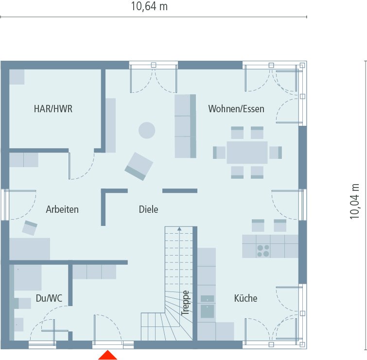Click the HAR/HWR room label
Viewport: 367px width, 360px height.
[53, 109]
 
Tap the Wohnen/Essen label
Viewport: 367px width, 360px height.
[236, 109]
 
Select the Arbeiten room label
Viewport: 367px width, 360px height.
[62, 209]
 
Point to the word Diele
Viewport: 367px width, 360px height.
[148, 209]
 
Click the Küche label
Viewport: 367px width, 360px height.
[245, 298]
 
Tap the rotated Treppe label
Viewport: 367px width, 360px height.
[185, 304]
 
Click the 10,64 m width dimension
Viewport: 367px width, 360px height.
[149, 6]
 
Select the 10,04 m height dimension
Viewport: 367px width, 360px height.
[355, 201]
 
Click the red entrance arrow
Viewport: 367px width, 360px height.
[108, 355]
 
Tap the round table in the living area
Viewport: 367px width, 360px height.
[147, 130]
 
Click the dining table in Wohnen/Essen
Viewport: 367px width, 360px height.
[247, 153]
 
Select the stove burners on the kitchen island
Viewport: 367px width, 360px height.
[263, 251]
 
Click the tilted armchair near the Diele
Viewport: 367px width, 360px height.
[139, 166]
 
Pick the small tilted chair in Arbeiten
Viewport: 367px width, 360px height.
[30, 227]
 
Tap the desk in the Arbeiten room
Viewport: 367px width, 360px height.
[30, 248]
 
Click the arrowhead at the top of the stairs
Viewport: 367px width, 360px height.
[179, 228]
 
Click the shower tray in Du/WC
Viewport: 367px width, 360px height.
[27, 277]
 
